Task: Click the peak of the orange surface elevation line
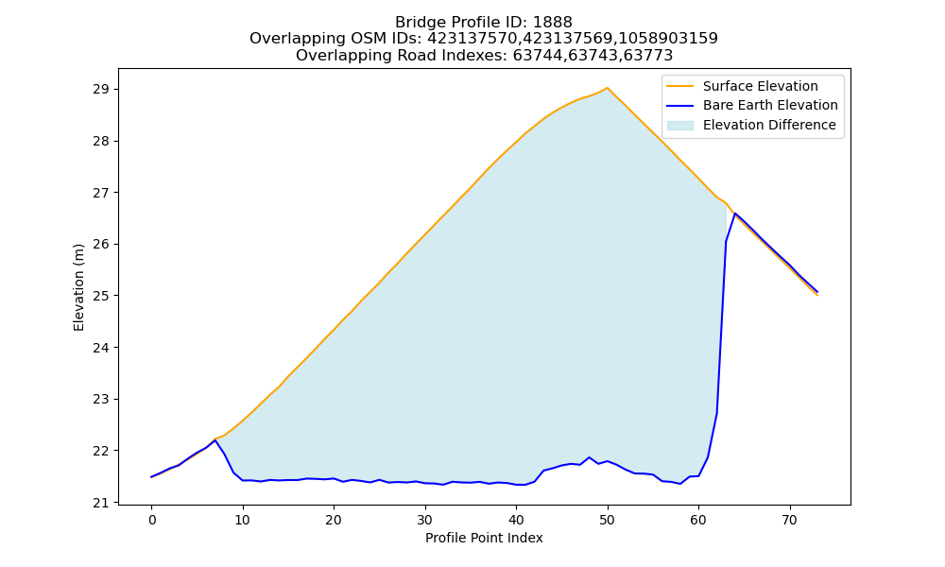click(x=607, y=88)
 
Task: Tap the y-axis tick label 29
click(x=101, y=90)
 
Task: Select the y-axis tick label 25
click(x=101, y=296)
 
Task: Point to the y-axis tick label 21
click(x=101, y=503)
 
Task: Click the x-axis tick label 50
click(x=607, y=520)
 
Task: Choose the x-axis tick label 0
click(x=151, y=520)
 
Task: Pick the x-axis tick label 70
click(x=789, y=520)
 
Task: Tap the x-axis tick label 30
click(x=425, y=520)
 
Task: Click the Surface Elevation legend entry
click(x=760, y=86)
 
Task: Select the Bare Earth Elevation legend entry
click(x=770, y=106)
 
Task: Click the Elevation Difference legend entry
click(x=769, y=125)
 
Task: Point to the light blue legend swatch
click(x=679, y=126)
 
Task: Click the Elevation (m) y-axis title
click(x=78, y=287)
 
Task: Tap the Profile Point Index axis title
click(x=484, y=538)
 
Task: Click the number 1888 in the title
click(x=553, y=23)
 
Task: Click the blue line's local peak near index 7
click(x=215, y=440)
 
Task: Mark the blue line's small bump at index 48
click(x=589, y=458)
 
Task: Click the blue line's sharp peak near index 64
click(x=734, y=214)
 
